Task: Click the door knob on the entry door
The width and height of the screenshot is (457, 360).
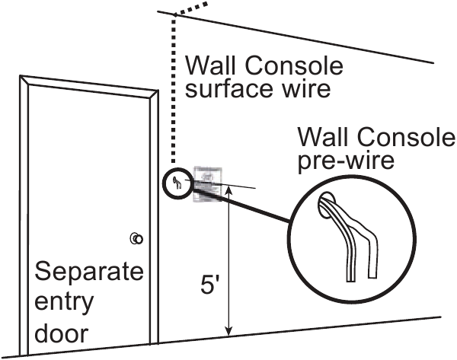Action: (136, 239)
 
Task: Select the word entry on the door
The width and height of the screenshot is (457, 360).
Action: (66, 301)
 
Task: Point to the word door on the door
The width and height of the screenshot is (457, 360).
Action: (61, 333)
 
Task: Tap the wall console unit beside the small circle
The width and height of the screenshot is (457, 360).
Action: (206, 183)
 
